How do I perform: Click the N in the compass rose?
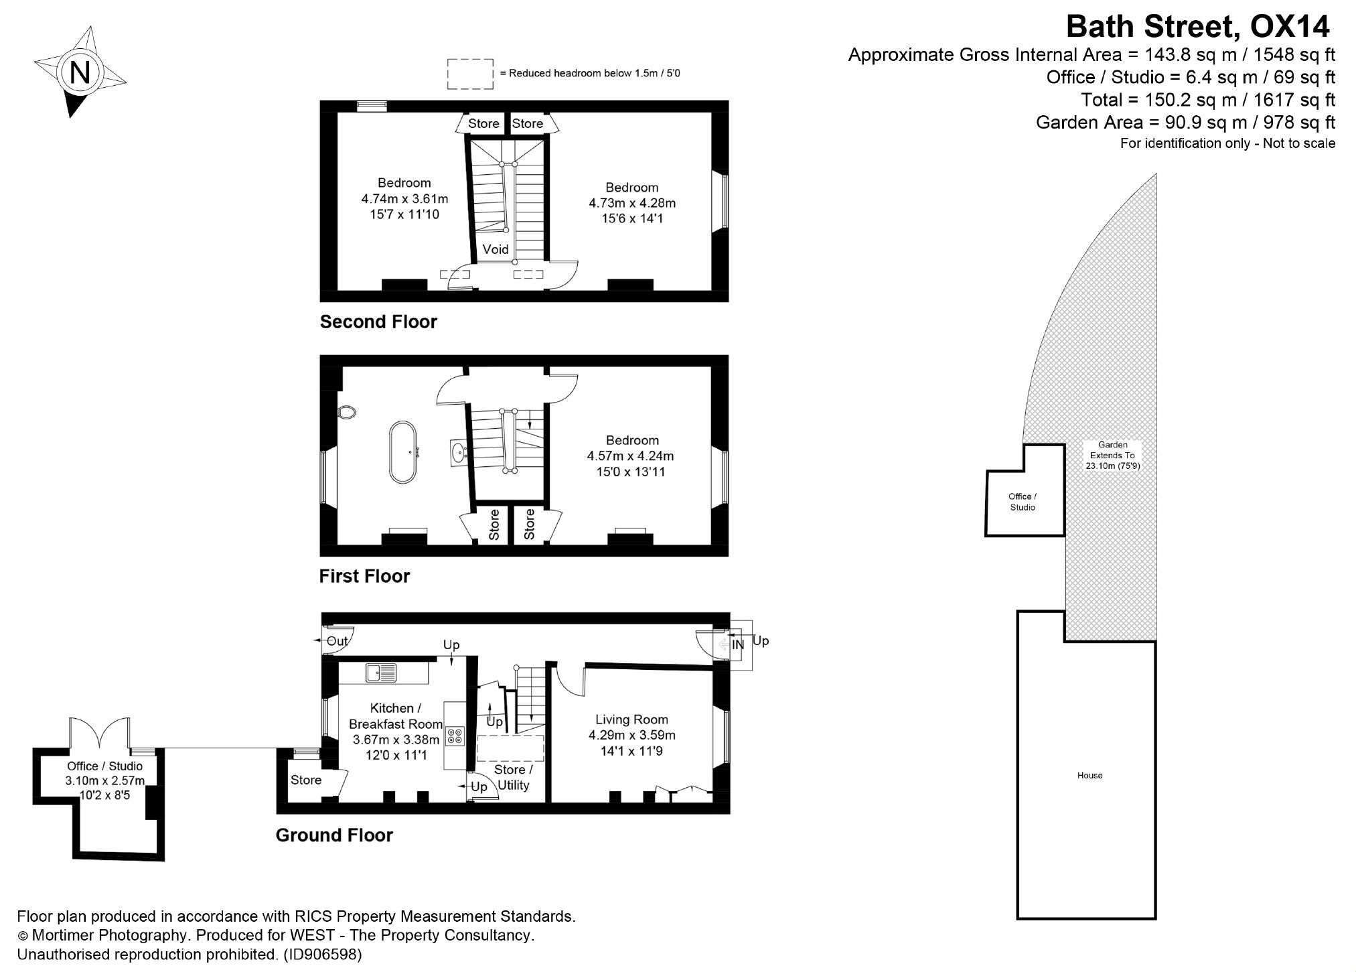pos(80,72)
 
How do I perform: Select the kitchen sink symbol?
pos(381,672)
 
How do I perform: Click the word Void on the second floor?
pos(496,249)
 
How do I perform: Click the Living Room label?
pos(631,719)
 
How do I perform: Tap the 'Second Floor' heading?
pos(378,322)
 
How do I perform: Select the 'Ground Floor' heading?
pos(334,835)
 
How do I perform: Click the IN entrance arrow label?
pos(737,645)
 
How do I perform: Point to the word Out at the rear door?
pos(337,641)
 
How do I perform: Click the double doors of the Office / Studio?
pos(99,732)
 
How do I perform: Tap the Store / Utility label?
pos(513,778)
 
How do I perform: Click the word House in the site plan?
pos(1089,775)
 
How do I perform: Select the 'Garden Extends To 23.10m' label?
pos(1112,455)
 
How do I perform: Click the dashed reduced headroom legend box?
pos(470,73)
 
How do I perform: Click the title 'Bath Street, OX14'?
pos(1197,27)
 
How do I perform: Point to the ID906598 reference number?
pos(322,954)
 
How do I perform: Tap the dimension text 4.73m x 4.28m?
pos(631,203)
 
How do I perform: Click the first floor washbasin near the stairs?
pos(459,452)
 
